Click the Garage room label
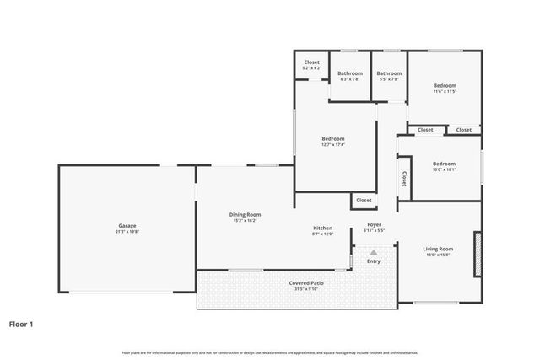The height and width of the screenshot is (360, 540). (127, 225)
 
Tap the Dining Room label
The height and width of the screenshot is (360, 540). (246, 215)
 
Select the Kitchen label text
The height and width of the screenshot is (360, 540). (322, 228)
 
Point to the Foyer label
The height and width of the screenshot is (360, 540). (374, 225)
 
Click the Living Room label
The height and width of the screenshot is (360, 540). (438, 249)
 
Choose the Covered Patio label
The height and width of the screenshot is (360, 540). (306, 283)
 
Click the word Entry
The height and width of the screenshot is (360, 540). (373, 261)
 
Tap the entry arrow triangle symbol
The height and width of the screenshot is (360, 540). (373, 252)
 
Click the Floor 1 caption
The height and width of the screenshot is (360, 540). (21, 323)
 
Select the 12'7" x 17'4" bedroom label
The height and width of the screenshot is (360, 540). (333, 139)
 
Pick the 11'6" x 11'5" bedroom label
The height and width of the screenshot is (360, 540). (445, 86)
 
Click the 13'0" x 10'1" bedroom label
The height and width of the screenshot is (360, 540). (444, 164)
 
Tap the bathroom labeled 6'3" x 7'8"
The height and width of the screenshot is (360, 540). (349, 73)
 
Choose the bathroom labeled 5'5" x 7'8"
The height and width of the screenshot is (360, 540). (389, 73)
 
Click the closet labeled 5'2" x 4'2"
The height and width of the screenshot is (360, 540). (311, 63)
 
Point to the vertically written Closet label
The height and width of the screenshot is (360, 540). (404, 178)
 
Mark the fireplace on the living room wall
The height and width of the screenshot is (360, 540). (478, 255)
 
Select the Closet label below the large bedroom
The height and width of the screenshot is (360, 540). (364, 201)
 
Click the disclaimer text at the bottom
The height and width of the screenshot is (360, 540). (270, 352)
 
